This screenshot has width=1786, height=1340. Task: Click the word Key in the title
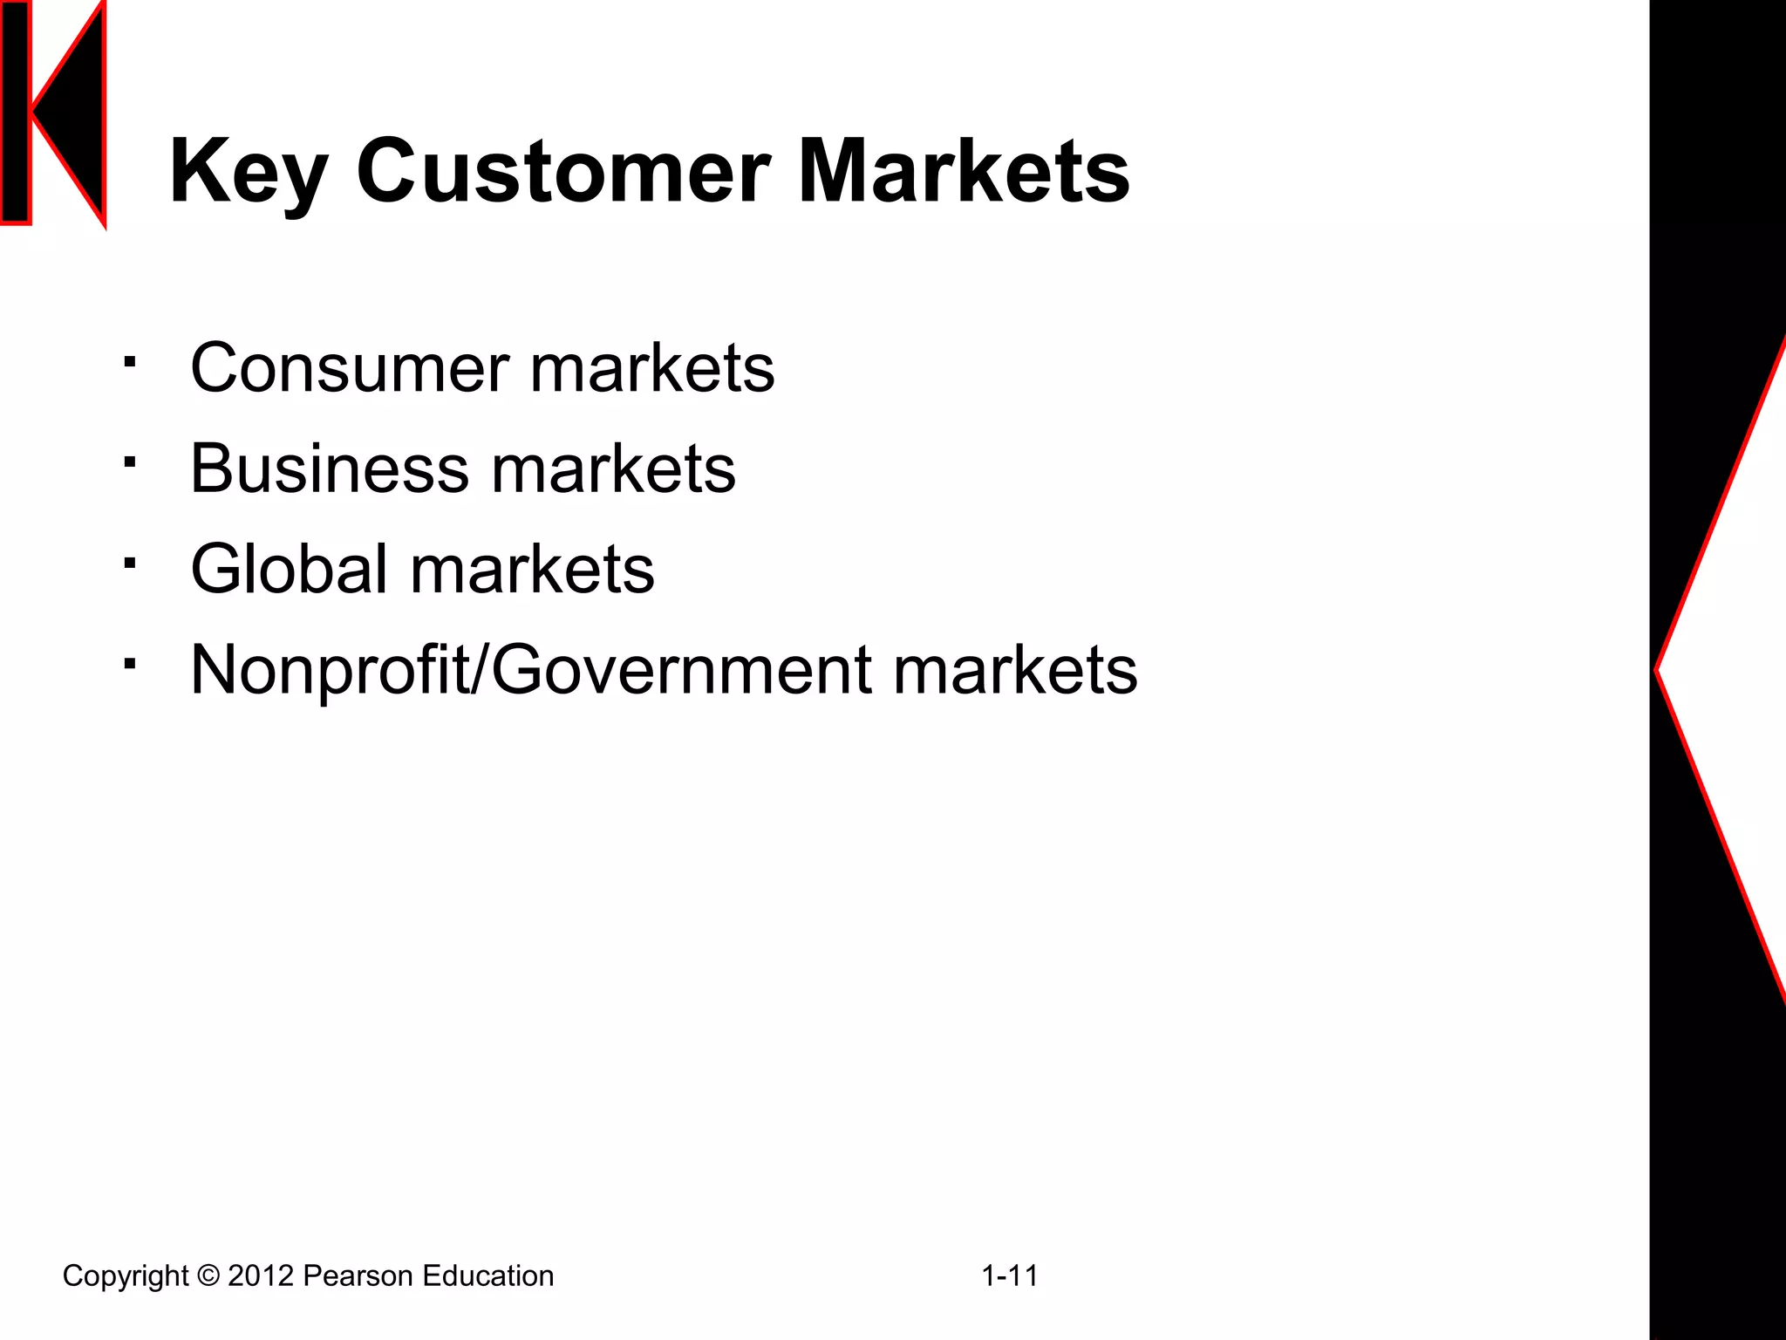point(249,172)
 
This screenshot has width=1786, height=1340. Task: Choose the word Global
point(289,569)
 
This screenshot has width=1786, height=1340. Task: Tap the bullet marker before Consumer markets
point(130,361)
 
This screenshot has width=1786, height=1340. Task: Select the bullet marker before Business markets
point(130,462)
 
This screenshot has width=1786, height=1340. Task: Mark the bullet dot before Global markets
point(130,563)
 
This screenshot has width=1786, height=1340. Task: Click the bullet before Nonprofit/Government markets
point(130,664)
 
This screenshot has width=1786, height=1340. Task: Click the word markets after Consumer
point(652,367)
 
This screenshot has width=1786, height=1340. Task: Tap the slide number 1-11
point(1010,1276)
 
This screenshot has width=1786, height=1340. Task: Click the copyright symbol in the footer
point(208,1276)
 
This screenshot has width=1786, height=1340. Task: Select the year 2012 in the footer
point(261,1276)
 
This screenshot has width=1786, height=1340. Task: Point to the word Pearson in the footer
point(358,1276)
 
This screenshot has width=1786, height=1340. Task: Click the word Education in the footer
point(487,1276)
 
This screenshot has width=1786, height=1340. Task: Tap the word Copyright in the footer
point(126,1276)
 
